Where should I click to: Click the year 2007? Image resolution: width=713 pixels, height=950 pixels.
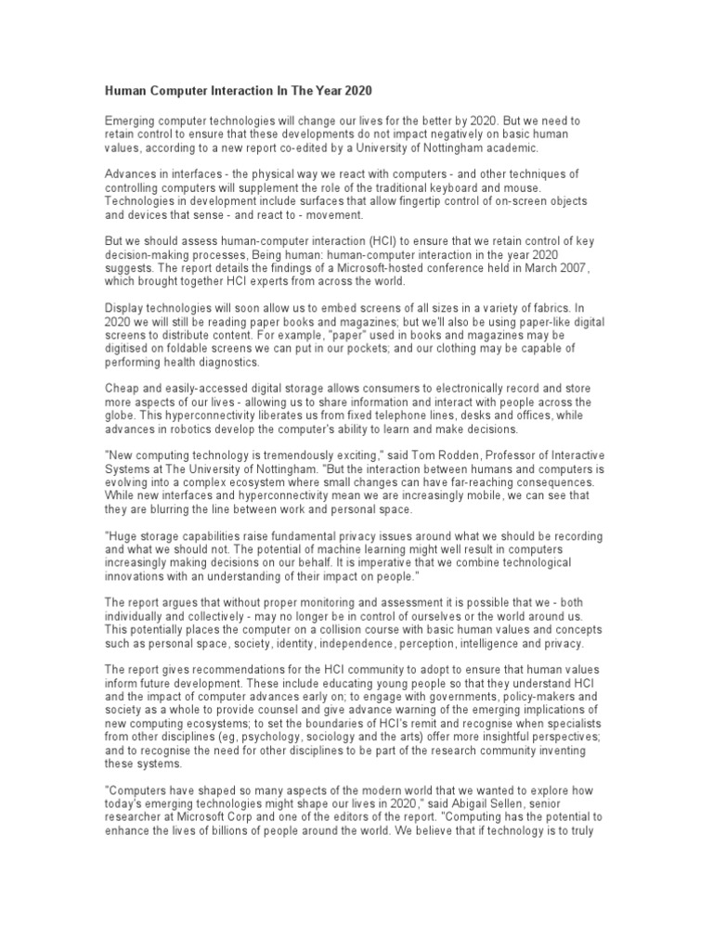590,268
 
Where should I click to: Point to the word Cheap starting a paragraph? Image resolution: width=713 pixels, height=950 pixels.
123,388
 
